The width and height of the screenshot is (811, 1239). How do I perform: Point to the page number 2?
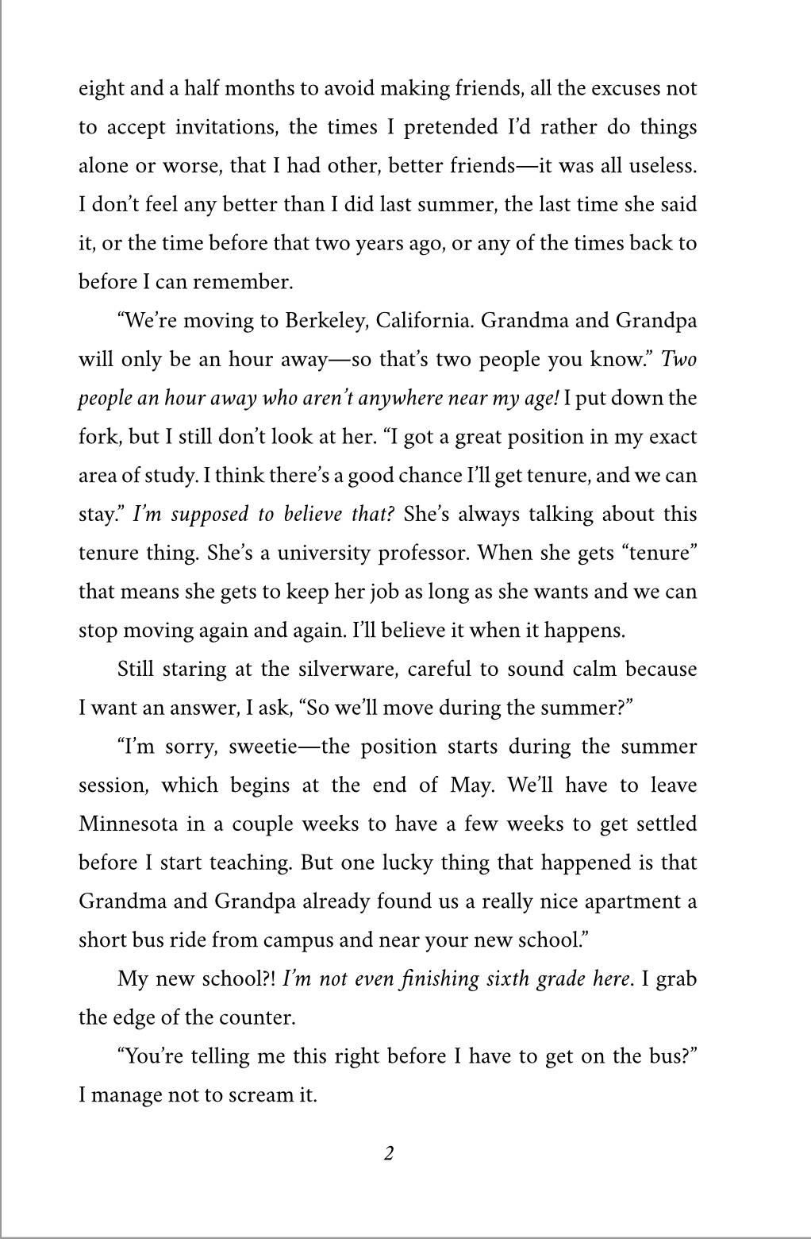(x=389, y=1153)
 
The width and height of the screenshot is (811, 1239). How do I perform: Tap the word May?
(x=473, y=785)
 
